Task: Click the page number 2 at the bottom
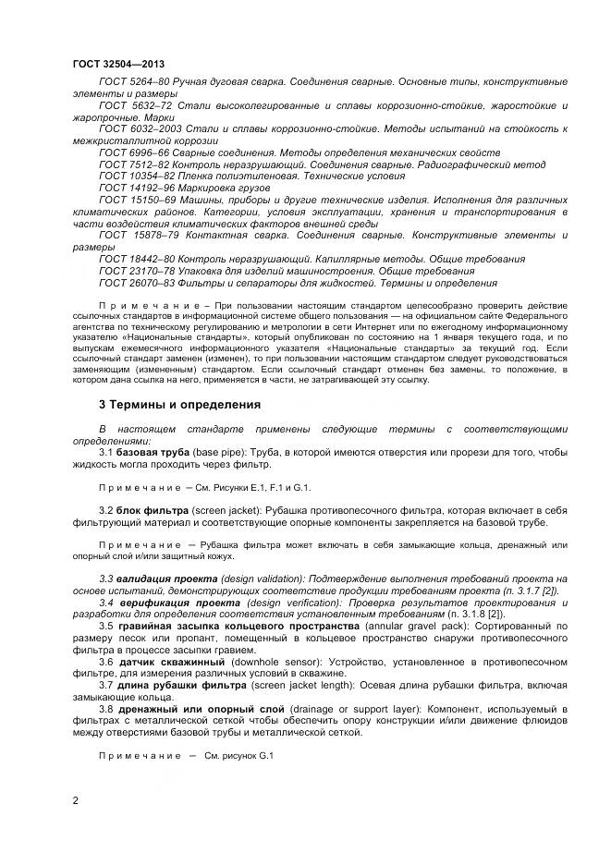coord(75,802)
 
